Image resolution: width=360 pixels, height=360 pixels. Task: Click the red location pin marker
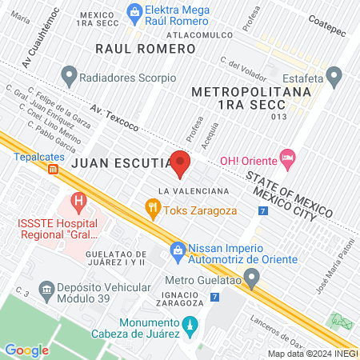coord(180,163)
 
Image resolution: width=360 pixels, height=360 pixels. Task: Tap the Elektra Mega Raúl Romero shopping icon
coord(134,10)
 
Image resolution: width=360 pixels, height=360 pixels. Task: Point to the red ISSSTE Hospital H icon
coord(78,199)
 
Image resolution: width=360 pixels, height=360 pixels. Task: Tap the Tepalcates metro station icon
coord(53,170)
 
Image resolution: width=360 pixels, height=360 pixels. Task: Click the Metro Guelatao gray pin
coord(252,280)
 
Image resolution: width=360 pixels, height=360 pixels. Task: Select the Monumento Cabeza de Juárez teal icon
coord(190,325)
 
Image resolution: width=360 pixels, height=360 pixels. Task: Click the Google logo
coord(26,350)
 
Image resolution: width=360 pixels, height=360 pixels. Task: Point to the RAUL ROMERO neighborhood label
coord(145,50)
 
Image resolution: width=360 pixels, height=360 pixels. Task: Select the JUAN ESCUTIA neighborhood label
coord(120,162)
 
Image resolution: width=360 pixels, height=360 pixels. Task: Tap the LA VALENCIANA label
coord(194,191)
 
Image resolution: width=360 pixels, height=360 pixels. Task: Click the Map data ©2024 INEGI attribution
coord(313,354)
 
